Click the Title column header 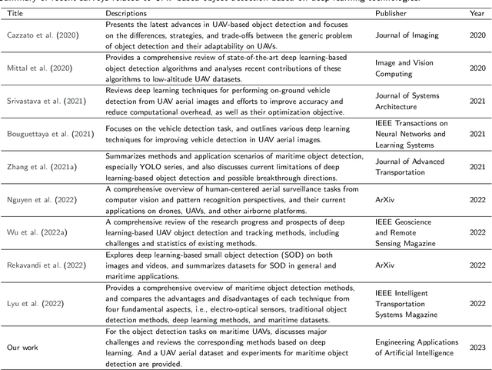(16, 14)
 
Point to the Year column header (478, 14)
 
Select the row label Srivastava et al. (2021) (45, 100)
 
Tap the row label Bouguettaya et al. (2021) (48, 132)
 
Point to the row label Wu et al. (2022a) (35, 229)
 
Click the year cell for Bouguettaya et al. (478, 132)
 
